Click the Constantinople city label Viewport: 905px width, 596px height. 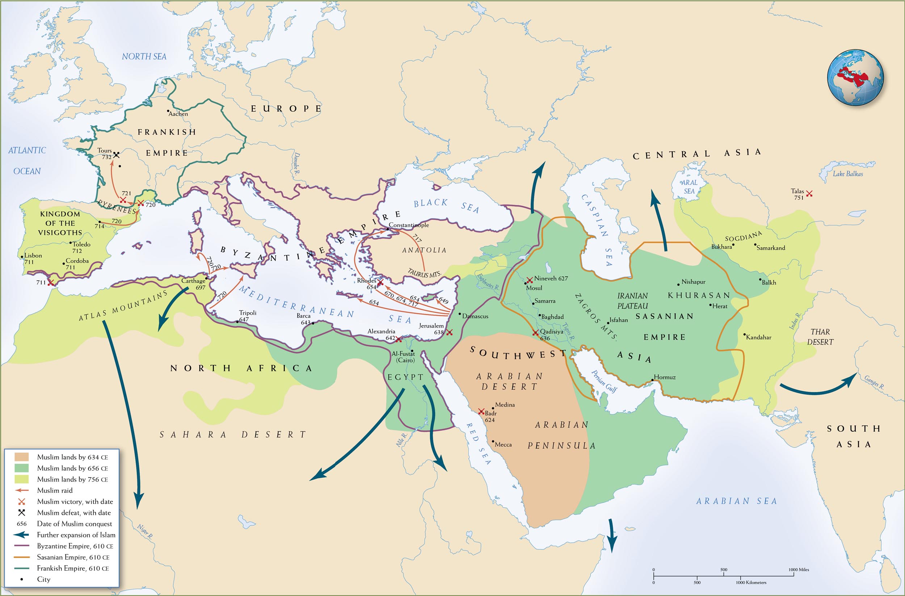point(409,225)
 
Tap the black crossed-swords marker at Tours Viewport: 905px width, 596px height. point(117,155)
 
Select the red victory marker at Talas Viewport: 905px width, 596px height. point(809,194)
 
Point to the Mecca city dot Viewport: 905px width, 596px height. point(493,442)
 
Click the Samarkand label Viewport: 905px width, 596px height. point(771,248)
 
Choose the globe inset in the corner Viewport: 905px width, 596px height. point(855,77)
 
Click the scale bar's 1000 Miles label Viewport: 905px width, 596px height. point(799,569)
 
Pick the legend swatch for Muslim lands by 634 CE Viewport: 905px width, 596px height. point(22,457)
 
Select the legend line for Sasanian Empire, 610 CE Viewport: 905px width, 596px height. point(22,557)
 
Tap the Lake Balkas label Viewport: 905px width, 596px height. point(847,174)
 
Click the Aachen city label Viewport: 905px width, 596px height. point(178,114)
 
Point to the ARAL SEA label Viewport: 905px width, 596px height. point(689,187)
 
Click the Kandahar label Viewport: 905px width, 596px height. point(759,337)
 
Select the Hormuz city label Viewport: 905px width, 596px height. point(665,377)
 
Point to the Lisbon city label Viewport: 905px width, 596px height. point(33,255)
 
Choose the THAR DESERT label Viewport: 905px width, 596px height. point(820,337)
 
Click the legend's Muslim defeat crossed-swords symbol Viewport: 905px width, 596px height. point(22,512)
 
